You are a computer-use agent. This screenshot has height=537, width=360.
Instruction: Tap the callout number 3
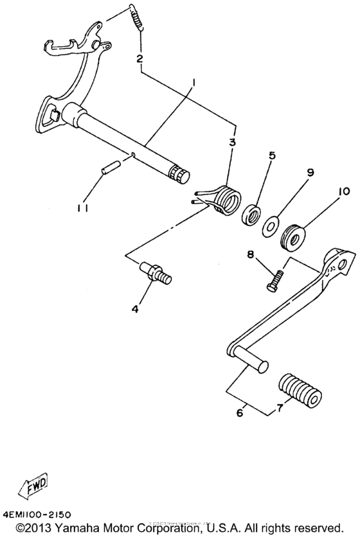point(232,141)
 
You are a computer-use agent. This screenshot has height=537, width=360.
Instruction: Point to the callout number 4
point(135,309)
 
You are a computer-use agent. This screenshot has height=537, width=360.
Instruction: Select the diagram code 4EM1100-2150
point(37,515)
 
